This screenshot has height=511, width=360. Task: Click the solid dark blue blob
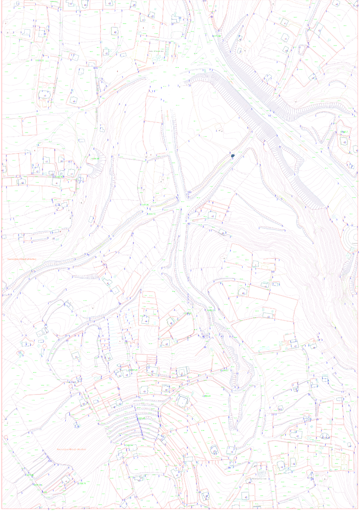point(233,155)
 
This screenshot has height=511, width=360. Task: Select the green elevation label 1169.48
point(95,159)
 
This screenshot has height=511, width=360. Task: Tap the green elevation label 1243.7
point(344,132)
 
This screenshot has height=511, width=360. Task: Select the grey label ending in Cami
point(261,479)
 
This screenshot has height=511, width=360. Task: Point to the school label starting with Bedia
point(156,51)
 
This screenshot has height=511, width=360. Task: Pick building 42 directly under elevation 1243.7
point(344,142)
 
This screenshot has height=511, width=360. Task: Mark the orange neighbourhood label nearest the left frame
point(22,259)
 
